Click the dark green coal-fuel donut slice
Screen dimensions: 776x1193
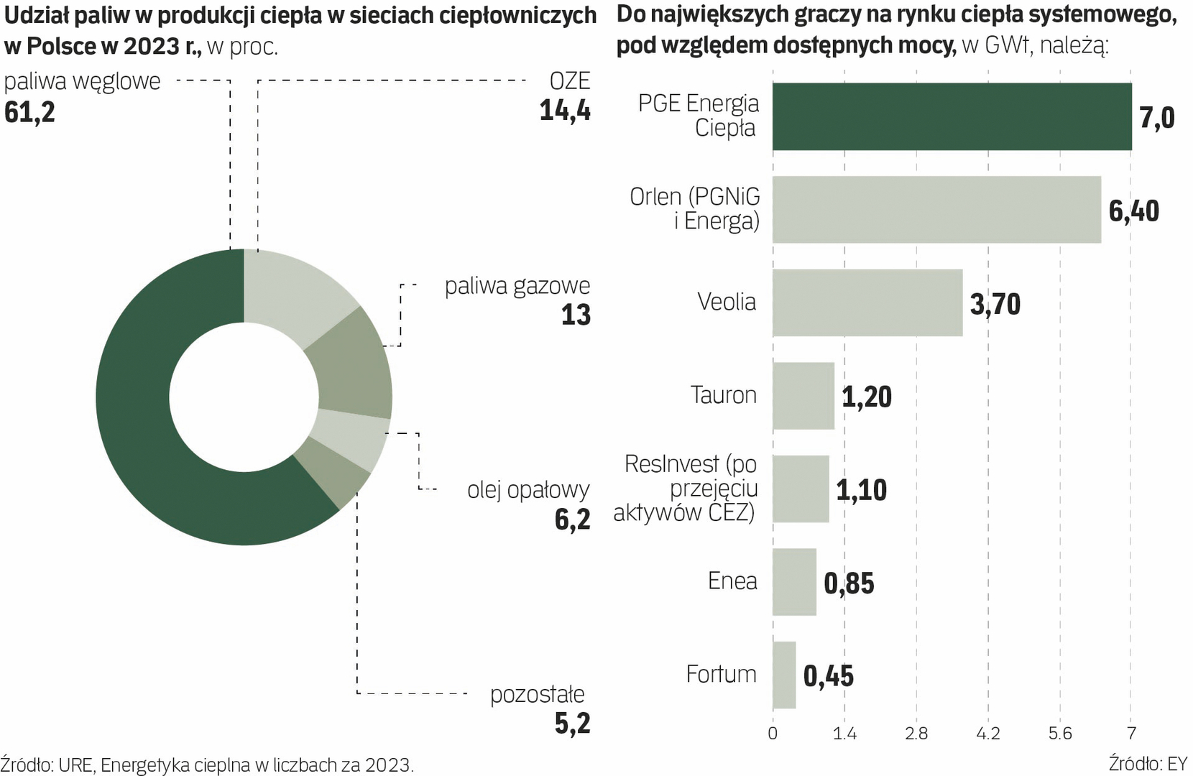tap(137, 417)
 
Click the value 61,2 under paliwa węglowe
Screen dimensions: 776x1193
tap(29, 112)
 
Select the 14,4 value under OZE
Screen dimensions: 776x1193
tap(565, 111)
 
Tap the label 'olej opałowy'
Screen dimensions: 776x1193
tap(528, 490)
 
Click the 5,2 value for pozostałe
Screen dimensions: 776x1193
tap(572, 724)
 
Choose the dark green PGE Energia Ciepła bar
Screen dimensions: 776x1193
tap(952, 116)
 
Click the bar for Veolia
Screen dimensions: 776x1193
tap(867, 302)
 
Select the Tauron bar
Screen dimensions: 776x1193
tap(803, 396)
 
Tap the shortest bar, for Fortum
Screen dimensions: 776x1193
tap(784, 675)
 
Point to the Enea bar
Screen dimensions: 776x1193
tap(794, 582)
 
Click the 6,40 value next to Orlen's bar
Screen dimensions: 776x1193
tap(1133, 211)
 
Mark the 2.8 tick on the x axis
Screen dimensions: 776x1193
tap(916, 734)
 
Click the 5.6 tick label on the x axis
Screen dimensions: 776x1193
tap(1060, 734)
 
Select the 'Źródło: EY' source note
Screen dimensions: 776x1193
tap(1148, 763)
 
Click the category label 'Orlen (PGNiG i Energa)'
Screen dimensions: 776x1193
tap(694, 208)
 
